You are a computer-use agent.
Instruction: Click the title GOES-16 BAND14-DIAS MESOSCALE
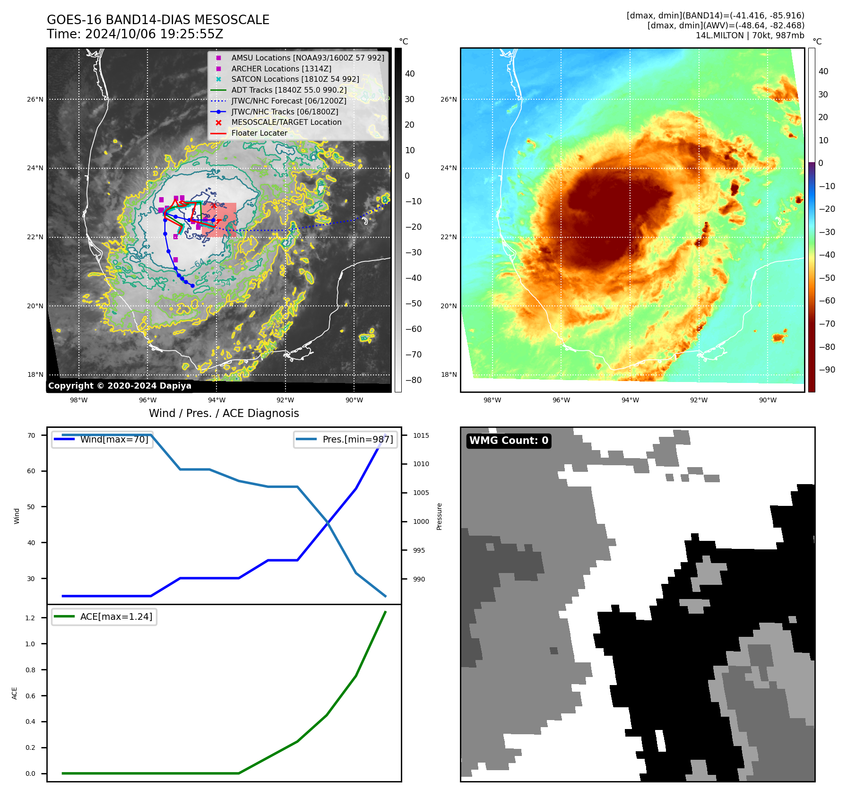click(158, 20)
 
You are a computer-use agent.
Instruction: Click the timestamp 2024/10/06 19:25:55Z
click(154, 35)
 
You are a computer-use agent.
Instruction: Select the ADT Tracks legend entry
click(288, 90)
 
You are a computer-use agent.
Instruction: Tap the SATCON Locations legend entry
click(295, 79)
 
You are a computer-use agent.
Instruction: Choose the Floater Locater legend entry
click(259, 133)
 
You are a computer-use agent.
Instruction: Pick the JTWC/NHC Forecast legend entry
click(288, 101)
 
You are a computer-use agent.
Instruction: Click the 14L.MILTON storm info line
click(750, 35)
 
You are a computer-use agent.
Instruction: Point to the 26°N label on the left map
click(35, 99)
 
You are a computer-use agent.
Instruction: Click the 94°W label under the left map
click(216, 400)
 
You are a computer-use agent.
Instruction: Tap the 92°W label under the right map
click(699, 400)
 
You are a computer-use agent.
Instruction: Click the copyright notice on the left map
click(120, 386)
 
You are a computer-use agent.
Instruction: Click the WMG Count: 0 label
click(509, 441)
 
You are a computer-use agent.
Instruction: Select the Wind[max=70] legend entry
click(114, 439)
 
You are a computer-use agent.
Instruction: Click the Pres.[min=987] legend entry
click(357, 439)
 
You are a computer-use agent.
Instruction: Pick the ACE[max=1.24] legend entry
click(116, 617)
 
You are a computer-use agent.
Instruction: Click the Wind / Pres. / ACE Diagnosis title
click(224, 413)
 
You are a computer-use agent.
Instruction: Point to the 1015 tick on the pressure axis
click(421, 435)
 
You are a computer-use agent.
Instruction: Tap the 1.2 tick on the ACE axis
click(30, 618)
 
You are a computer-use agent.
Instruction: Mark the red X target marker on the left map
click(214, 205)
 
